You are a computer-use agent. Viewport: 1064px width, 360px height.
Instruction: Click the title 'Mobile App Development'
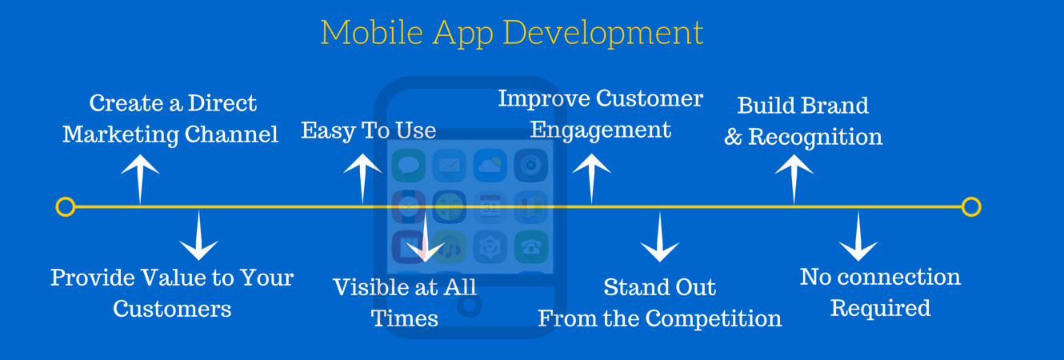(x=512, y=33)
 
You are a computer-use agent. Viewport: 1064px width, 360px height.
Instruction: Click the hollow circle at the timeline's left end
(x=66, y=207)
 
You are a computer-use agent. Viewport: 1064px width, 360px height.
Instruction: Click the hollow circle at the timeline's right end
(x=971, y=207)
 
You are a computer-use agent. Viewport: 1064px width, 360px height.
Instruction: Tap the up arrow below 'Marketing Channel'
(x=140, y=178)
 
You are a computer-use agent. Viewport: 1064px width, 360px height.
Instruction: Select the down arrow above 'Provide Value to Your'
(x=198, y=235)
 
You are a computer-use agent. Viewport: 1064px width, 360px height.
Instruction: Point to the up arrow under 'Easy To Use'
(x=362, y=176)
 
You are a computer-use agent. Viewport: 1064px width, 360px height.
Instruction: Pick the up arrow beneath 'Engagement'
(x=592, y=177)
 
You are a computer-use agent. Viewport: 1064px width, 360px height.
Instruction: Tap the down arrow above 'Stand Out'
(x=660, y=238)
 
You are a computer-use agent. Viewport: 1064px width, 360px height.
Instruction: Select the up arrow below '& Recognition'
(x=794, y=178)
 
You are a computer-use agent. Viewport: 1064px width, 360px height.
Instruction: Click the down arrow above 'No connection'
(x=858, y=237)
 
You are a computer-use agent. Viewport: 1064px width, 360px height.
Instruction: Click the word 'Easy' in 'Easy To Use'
(x=324, y=130)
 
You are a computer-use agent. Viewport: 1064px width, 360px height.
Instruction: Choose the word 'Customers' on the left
(x=172, y=309)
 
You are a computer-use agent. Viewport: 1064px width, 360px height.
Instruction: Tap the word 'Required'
(x=880, y=308)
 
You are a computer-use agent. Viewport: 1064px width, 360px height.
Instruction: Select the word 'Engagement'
(x=601, y=130)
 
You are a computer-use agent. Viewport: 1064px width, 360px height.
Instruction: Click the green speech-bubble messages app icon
(x=409, y=166)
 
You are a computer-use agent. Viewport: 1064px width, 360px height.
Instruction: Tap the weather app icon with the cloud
(x=490, y=166)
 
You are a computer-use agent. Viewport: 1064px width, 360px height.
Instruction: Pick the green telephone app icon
(x=530, y=246)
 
